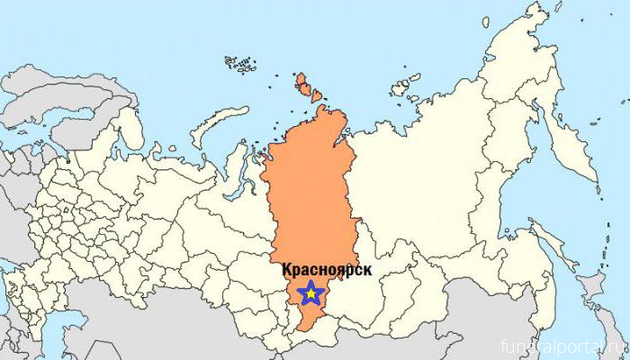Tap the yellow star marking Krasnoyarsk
point(310,293)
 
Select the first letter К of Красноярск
point(287,269)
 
